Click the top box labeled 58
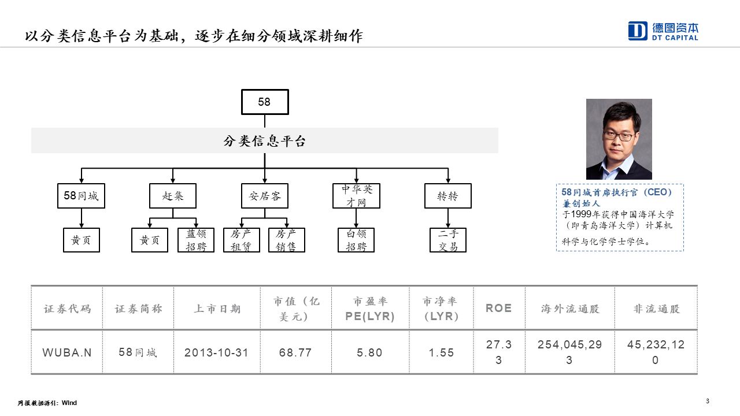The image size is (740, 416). click(265, 102)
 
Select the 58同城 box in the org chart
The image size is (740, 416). click(82, 196)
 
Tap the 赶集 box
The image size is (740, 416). click(173, 196)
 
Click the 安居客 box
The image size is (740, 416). click(265, 196)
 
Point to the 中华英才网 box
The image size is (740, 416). click(357, 196)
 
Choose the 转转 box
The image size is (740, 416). click(448, 196)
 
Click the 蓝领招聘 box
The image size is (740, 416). click(196, 240)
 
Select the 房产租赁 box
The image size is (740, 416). click(242, 240)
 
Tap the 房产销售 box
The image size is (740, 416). click(287, 240)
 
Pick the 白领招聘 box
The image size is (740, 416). click(356, 240)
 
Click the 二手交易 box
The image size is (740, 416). click(448, 240)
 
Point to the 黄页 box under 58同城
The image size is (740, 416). click(82, 240)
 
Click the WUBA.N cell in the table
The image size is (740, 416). click(66, 352)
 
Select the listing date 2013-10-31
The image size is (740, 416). click(216, 352)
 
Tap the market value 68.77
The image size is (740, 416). click(295, 352)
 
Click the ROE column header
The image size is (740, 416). click(499, 308)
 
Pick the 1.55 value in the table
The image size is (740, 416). click(441, 352)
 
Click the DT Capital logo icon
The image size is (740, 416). click(638, 31)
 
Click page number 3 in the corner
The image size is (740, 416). click(708, 401)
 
